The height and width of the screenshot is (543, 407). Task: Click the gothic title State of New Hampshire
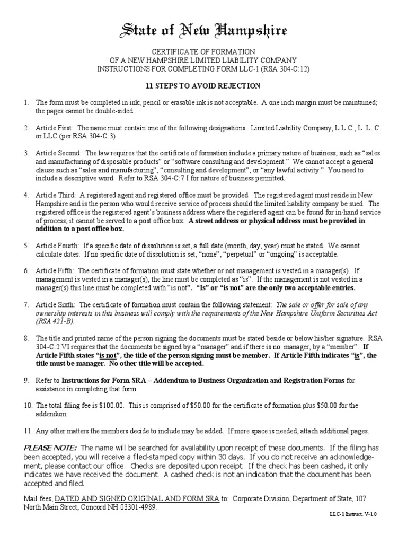[x=203, y=31]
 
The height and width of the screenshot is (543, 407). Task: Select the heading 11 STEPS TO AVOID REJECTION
[x=203, y=86]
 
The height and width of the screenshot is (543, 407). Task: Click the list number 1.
[x=25, y=102]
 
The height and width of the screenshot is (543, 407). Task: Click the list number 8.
[x=25, y=338]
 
